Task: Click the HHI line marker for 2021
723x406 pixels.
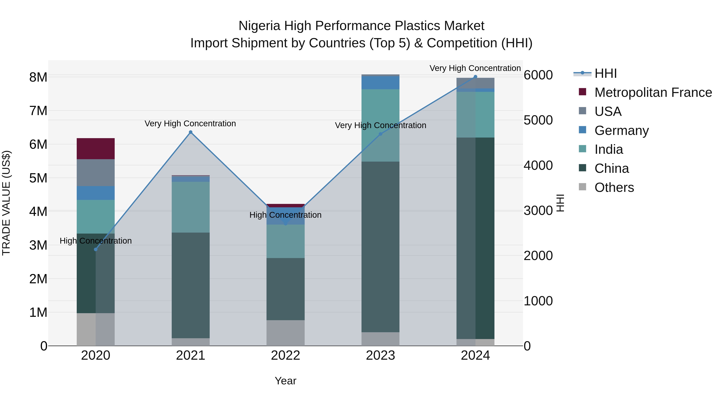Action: (x=191, y=132)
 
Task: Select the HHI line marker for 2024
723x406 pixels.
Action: (x=475, y=77)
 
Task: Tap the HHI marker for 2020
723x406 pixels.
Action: (x=96, y=249)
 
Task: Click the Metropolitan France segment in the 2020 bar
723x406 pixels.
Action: (x=96, y=149)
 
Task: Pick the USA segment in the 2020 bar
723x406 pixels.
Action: (x=96, y=173)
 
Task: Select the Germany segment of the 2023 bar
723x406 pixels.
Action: (x=380, y=83)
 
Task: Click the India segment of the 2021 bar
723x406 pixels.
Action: (x=191, y=207)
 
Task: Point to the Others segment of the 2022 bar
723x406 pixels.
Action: (x=285, y=333)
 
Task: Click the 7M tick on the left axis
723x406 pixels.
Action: (x=38, y=111)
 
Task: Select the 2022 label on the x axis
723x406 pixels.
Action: (x=285, y=355)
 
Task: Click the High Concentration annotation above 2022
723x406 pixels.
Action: (x=285, y=215)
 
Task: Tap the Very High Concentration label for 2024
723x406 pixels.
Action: (x=475, y=68)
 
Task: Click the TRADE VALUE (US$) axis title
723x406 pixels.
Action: (x=6, y=203)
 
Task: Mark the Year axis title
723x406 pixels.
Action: (x=285, y=381)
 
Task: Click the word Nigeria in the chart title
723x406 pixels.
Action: (x=259, y=26)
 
